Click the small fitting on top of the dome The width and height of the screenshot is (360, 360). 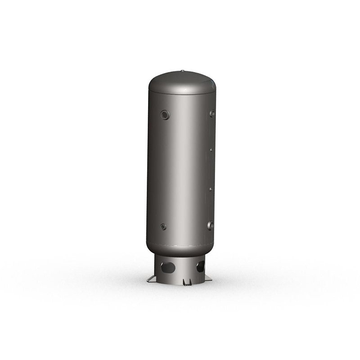pyautogui.click(x=182, y=71)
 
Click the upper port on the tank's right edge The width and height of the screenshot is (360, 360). pyautogui.click(x=211, y=113)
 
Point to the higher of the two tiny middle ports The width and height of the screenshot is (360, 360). pyautogui.click(x=211, y=150)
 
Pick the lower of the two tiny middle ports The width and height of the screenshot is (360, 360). pyautogui.click(x=210, y=189)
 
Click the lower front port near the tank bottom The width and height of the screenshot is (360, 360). pyautogui.click(x=163, y=227)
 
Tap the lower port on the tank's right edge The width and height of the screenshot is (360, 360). pyautogui.click(x=210, y=225)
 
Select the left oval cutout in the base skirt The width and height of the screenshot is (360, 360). pyautogui.click(x=168, y=267)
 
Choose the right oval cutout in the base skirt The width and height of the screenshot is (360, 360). pyautogui.click(x=200, y=267)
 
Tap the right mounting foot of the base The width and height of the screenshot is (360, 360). pyautogui.click(x=208, y=279)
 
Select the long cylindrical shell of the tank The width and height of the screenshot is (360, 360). pyautogui.click(x=180, y=171)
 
